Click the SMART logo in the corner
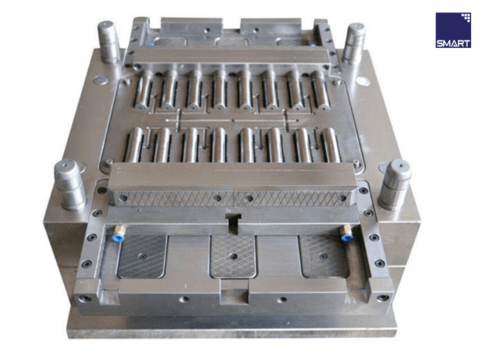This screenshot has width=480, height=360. point(453,30)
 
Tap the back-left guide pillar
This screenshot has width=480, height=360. point(109,42)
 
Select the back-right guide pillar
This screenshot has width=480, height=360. point(354,43)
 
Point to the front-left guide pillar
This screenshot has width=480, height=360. point(70,184)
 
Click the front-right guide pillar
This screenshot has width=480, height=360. point(394,184)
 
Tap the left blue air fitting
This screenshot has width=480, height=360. point(118,234)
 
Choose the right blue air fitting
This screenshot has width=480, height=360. point(346,234)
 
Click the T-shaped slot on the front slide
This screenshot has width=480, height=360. point(233,223)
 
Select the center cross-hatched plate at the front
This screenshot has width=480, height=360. point(233,256)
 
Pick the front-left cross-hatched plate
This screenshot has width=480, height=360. point(142,256)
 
